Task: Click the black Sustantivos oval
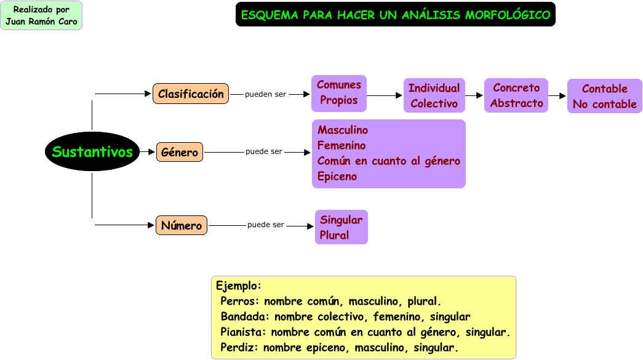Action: coord(92,151)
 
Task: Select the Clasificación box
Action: coord(191,94)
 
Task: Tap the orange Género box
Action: coord(180,152)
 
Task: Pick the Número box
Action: coord(182,225)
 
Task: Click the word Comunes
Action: coord(338,85)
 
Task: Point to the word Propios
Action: coord(338,100)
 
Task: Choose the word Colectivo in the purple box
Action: coord(434,103)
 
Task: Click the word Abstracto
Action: coord(516,103)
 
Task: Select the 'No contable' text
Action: coord(604,104)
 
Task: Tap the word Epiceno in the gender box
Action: coord(337,177)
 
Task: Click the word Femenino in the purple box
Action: coord(341,146)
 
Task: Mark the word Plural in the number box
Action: coord(334,235)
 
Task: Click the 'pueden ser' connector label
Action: coord(265,94)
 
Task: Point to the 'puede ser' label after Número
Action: coord(266,225)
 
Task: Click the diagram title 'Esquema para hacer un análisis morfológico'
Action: coord(396,15)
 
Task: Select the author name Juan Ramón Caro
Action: coord(41,22)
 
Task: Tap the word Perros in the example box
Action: coord(239,302)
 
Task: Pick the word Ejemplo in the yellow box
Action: coord(238,286)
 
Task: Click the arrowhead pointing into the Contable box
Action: coord(562,96)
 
